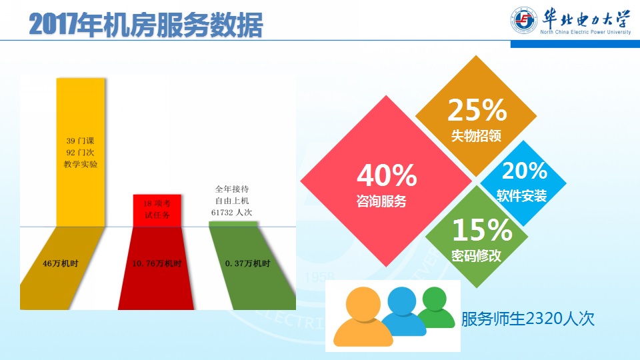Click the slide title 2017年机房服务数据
tap(146, 25)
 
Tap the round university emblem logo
tap(524, 20)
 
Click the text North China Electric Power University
tap(585, 32)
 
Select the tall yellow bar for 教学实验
tap(81, 152)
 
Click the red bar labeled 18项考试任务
tap(157, 211)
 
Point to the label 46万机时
tap(61, 264)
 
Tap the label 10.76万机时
tap(157, 264)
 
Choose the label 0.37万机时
tap(248, 264)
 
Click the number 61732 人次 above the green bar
tap(231, 213)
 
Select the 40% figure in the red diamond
tap(387, 175)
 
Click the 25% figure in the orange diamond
tap(477, 110)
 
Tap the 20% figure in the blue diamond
tap(525, 171)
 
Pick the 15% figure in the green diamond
tap(482, 230)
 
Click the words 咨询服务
tap(381, 201)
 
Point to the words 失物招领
tap(476, 136)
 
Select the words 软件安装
tap(521, 196)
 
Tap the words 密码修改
tap(476, 255)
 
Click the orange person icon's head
tap(363, 305)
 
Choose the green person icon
tap(435, 307)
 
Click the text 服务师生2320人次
tap(528, 319)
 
